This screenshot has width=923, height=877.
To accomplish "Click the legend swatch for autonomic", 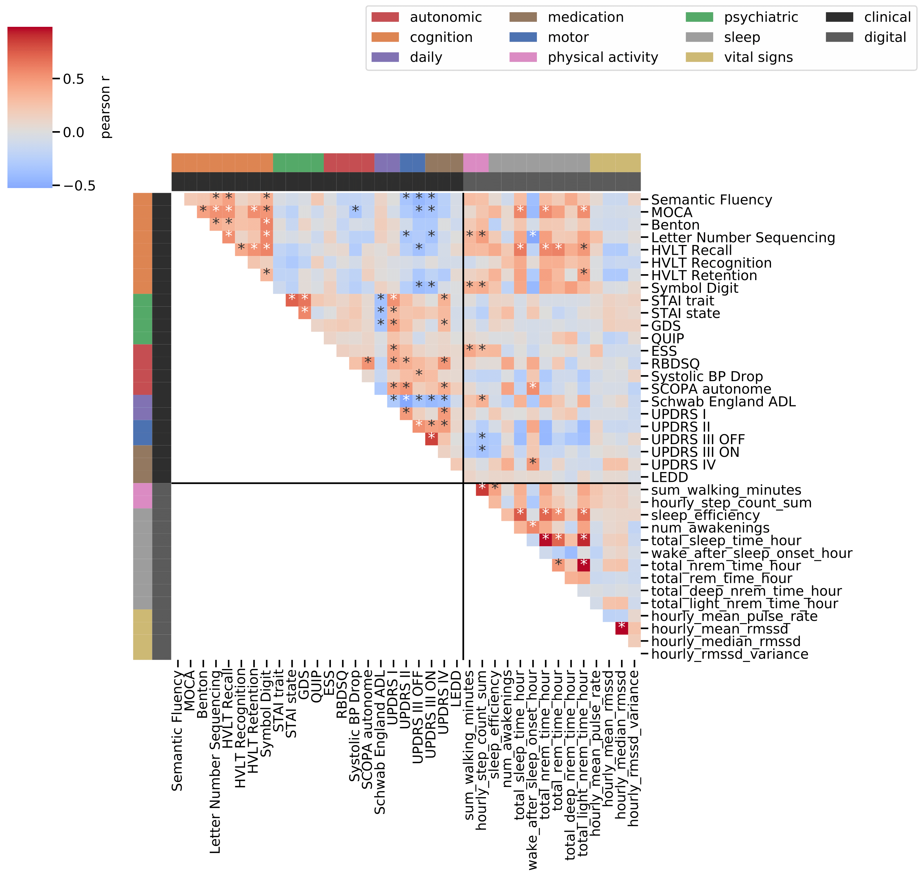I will coord(385,17).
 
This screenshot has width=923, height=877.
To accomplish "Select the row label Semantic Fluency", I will coord(711,200).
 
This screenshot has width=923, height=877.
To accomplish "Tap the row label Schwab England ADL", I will coord(723,402).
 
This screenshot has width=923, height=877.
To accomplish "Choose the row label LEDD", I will coord(670,478).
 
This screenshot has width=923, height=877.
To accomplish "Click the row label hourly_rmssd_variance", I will coord(730,654).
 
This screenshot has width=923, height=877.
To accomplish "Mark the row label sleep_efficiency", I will coord(705,516).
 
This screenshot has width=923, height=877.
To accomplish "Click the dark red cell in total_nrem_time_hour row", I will coord(583,566).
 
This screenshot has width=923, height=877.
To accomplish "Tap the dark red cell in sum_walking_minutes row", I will coord(482,489).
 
